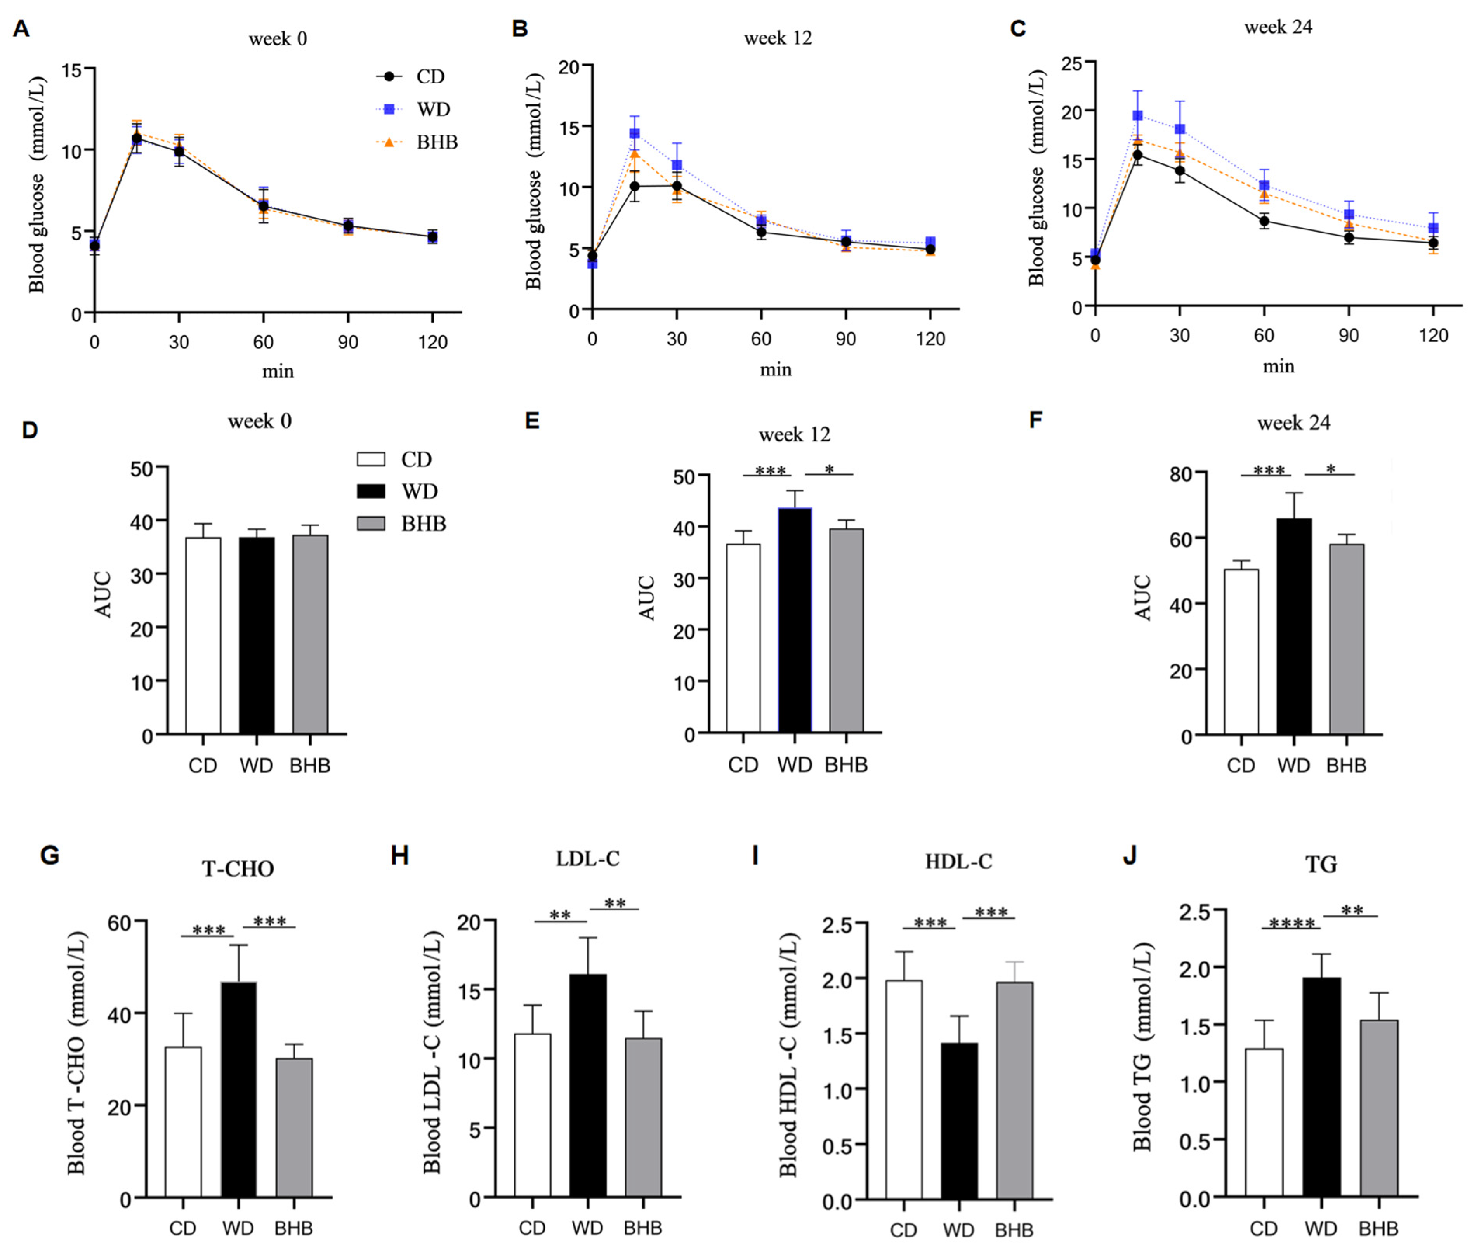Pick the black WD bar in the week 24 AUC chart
pos(1293,627)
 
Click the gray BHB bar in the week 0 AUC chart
pos(310,634)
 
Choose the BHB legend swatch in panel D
pos(371,523)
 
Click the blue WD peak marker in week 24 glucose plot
pos(1137,115)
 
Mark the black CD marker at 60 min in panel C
pos(1264,221)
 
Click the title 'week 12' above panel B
pos(778,38)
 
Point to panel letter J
pos(1130,855)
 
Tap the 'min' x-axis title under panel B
pos(775,370)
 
